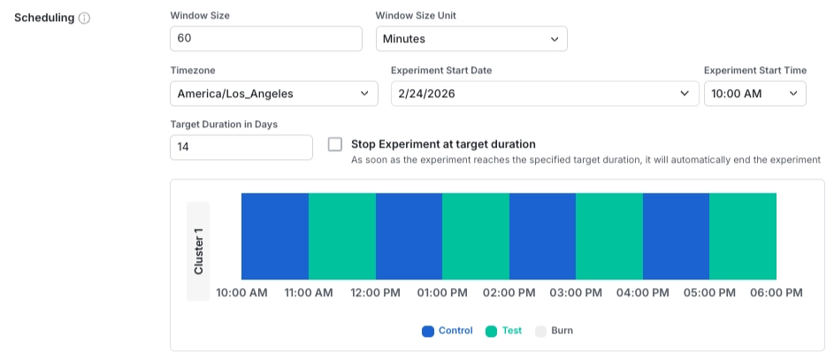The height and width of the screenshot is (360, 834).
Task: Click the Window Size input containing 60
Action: point(265,39)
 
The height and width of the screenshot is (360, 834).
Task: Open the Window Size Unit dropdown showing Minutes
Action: point(471,39)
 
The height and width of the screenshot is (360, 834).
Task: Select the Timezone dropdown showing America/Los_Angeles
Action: point(273,93)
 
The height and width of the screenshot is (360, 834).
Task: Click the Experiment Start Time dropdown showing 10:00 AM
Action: point(754,93)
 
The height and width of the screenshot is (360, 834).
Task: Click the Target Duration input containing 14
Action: point(241,147)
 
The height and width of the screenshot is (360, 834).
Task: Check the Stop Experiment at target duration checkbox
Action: point(335,144)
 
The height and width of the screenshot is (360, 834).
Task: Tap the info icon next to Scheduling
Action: point(84,18)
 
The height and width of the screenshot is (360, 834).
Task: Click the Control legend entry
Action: point(448,331)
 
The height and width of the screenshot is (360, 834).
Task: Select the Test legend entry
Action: point(504,331)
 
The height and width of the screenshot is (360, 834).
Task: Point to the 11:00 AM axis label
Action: point(309,293)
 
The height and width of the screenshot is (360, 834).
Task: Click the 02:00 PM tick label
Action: point(509,293)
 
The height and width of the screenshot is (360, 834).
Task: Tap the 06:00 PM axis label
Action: point(776,293)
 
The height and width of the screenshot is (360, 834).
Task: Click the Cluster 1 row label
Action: point(199,251)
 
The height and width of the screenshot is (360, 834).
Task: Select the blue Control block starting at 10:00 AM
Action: point(275,236)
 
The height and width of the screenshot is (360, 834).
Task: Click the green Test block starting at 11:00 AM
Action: point(342,236)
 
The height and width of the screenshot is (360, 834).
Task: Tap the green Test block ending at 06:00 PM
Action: point(743,236)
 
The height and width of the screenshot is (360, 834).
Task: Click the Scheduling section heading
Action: point(44,18)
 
